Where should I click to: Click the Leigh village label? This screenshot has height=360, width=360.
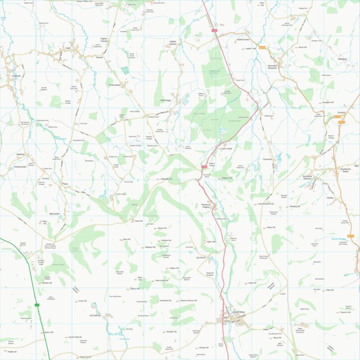point(67,49)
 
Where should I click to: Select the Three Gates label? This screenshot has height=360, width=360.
point(115,85)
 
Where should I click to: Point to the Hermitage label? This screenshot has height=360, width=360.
point(165,100)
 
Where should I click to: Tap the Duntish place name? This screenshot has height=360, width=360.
point(341,112)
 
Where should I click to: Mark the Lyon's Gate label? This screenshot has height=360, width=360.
point(226,148)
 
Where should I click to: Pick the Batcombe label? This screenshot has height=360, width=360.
point(54,214)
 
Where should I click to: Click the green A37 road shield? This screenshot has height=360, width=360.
point(37,305)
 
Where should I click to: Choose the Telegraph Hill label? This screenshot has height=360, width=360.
point(166,179)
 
